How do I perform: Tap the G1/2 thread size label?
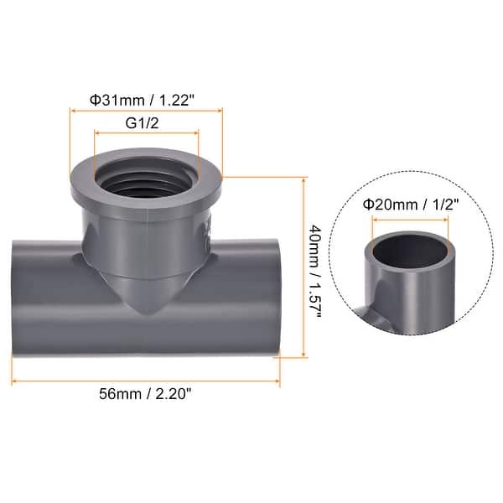point(146,122)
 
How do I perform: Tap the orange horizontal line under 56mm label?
point(146,380)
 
